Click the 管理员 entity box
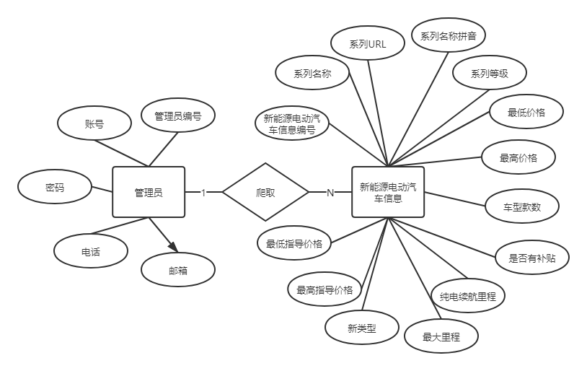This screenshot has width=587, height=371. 149,192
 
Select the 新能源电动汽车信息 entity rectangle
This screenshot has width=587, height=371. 388,192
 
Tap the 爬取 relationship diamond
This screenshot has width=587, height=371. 265,192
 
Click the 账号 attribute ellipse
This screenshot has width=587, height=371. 94,123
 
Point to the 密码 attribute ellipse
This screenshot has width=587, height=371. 55,188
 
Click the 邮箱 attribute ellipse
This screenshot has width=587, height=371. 178,270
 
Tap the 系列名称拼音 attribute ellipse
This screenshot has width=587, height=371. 448,35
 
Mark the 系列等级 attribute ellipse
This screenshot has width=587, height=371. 490,73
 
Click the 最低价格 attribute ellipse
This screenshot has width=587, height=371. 526,113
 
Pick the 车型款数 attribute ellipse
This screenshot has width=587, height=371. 522,207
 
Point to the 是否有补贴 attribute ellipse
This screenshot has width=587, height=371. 532,258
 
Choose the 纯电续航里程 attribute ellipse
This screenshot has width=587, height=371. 468,296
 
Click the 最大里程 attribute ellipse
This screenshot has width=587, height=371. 441,336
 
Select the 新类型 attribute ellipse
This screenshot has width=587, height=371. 362,328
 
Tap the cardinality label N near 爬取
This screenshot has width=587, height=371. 330,192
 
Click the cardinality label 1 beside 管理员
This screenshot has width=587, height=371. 203,192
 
